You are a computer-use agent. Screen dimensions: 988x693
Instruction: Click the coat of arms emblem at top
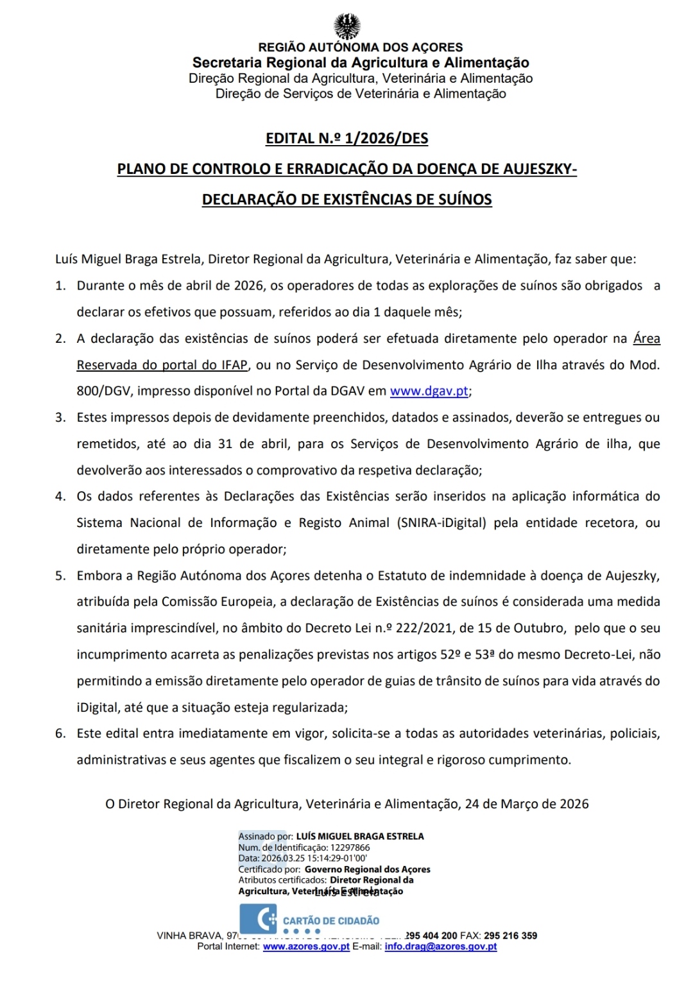[x=346, y=26]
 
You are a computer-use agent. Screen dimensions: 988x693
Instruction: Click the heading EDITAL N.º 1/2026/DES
[x=346, y=139]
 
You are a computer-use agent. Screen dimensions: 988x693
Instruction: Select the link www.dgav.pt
[x=429, y=391]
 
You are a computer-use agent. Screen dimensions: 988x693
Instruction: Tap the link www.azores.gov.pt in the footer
[x=306, y=946]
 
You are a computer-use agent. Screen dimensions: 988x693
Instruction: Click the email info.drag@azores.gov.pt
[x=440, y=946]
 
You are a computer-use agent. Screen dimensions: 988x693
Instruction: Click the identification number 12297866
[x=350, y=847]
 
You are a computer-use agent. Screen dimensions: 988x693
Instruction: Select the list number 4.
[x=60, y=496]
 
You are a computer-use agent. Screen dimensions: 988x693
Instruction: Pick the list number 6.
[x=60, y=734]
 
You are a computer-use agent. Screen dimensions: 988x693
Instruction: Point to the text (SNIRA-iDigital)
[x=441, y=523]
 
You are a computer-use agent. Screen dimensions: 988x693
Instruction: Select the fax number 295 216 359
[x=510, y=935]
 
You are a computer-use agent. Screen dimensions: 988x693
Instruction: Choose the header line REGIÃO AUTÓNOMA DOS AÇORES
[x=360, y=48]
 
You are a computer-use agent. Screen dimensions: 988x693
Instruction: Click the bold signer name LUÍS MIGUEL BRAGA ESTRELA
[x=359, y=836]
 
